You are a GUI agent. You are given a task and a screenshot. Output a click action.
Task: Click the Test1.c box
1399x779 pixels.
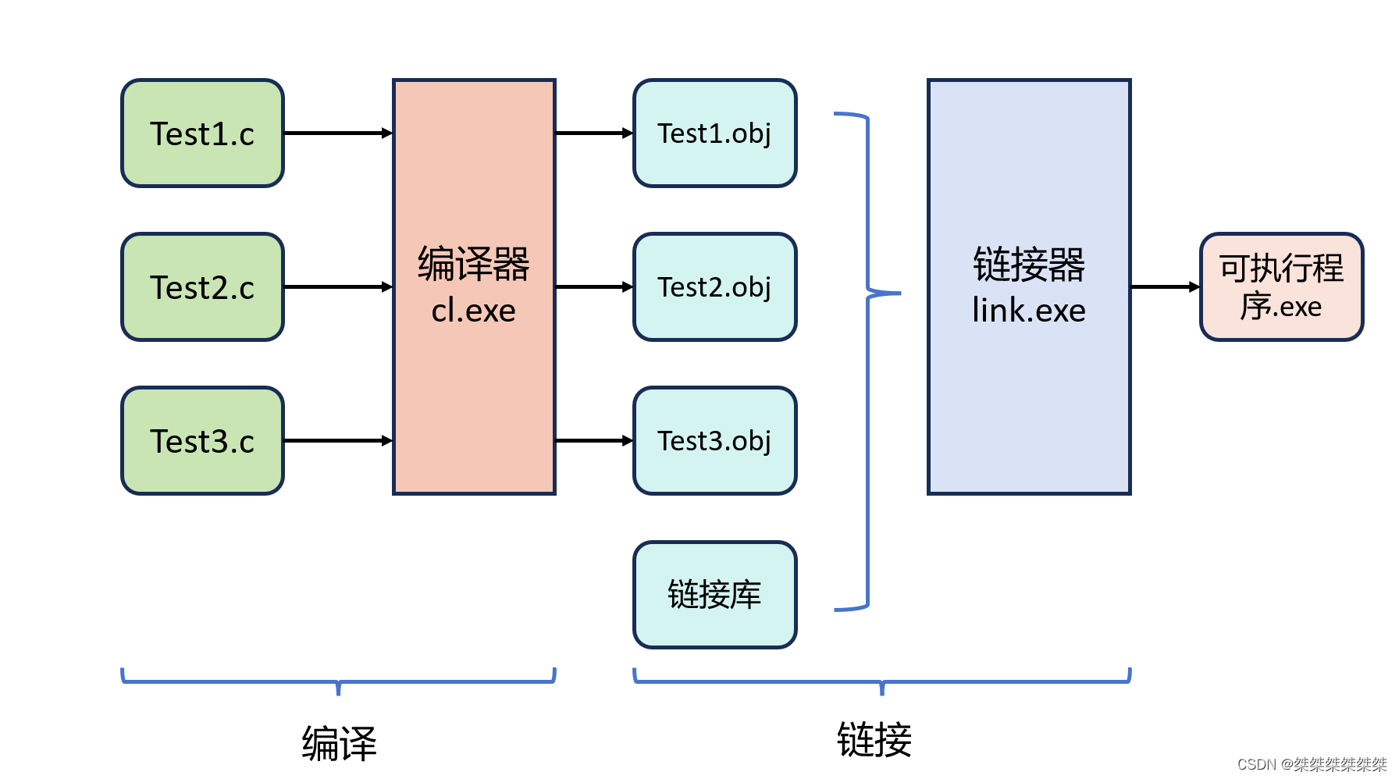pyautogui.click(x=202, y=133)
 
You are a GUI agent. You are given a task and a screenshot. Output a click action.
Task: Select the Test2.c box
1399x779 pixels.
pyautogui.click(x=202, y=287)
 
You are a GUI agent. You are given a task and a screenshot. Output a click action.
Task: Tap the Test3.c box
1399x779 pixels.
pyautogui.click(x=202, y=441)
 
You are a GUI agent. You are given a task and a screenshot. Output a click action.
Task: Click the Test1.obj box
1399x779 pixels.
pyautogui.click(x=714, y=133)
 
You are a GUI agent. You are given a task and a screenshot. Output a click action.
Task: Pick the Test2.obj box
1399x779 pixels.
pyautogui.click(x=714, y=287)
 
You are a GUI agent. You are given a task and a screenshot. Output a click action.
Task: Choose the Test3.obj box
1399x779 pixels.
pyautogui.click(x=714, y=441)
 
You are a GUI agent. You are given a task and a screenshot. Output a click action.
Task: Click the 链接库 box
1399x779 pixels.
pyautogui.click(x=714, y=595)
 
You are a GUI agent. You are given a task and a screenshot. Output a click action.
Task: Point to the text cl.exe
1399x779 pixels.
pyautogui.click(x=473, y=311)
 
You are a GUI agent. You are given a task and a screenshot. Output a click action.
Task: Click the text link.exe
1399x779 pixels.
pyautogui.click(x=1028, y=311)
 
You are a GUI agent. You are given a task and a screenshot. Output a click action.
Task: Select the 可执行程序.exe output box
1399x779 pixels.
pyautogui.click(x=1281, y=287)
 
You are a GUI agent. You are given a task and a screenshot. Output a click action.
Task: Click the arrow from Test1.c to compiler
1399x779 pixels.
pyautogui.click(x=337, y=133)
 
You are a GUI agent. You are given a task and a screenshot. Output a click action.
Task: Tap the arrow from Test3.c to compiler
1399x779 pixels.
pyautogui.click(x=337, y=441)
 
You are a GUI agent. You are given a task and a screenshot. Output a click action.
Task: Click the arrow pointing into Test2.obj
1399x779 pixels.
pyautogui.click(x=593, y=287)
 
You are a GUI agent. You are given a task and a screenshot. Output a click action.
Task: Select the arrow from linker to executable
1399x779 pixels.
pyautogui.click(x=1165, y=287)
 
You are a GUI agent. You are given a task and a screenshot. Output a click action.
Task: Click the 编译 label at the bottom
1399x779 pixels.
pyautogui.click(x=339, y=742)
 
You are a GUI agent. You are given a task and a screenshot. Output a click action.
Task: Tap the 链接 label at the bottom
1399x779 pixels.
pyautogui.click(x=874, y=739)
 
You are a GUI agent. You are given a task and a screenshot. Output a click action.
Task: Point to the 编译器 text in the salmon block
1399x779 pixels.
pyautogui.click(x=473, y=264)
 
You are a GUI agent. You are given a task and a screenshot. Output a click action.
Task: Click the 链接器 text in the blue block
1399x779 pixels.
pyautogui.click(x=1028, y=265)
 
